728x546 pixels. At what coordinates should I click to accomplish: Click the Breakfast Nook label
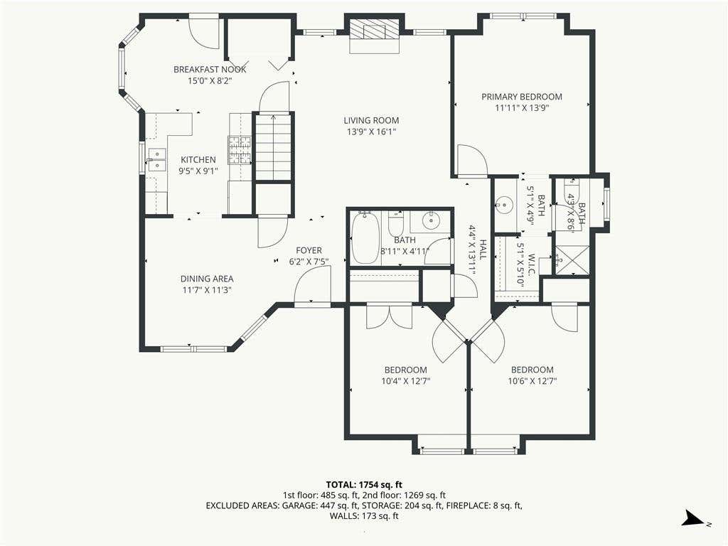(x=210, y=70)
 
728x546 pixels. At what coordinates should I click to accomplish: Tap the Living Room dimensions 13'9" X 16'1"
(x=371, y=132)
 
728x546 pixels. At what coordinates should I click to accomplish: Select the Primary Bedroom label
(x=522, y=97)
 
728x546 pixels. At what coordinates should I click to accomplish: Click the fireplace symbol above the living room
(x=374, y=31)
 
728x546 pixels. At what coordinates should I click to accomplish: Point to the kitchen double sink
(x=156, y=160)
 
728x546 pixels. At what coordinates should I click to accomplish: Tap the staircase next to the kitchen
(x=273, y=146)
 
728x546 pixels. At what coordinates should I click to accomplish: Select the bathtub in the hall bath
(x=365, y=237)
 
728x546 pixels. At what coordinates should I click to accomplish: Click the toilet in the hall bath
(x=396, y=225)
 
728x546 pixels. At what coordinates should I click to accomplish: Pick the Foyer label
(x=309, y=251)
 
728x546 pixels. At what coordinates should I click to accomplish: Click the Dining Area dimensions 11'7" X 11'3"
(x=207, y=291)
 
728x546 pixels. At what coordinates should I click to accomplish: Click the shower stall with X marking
(x=572, y=260)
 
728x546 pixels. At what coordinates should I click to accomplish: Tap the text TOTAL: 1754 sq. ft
(x=364, y=486)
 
